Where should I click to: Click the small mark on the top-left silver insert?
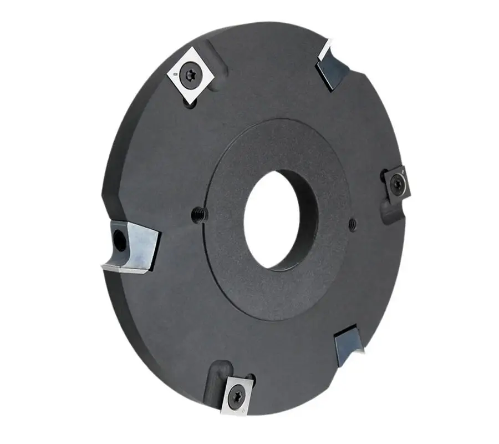click(x=175, y=74)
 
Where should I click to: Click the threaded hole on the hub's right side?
click(x=353, y=224)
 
